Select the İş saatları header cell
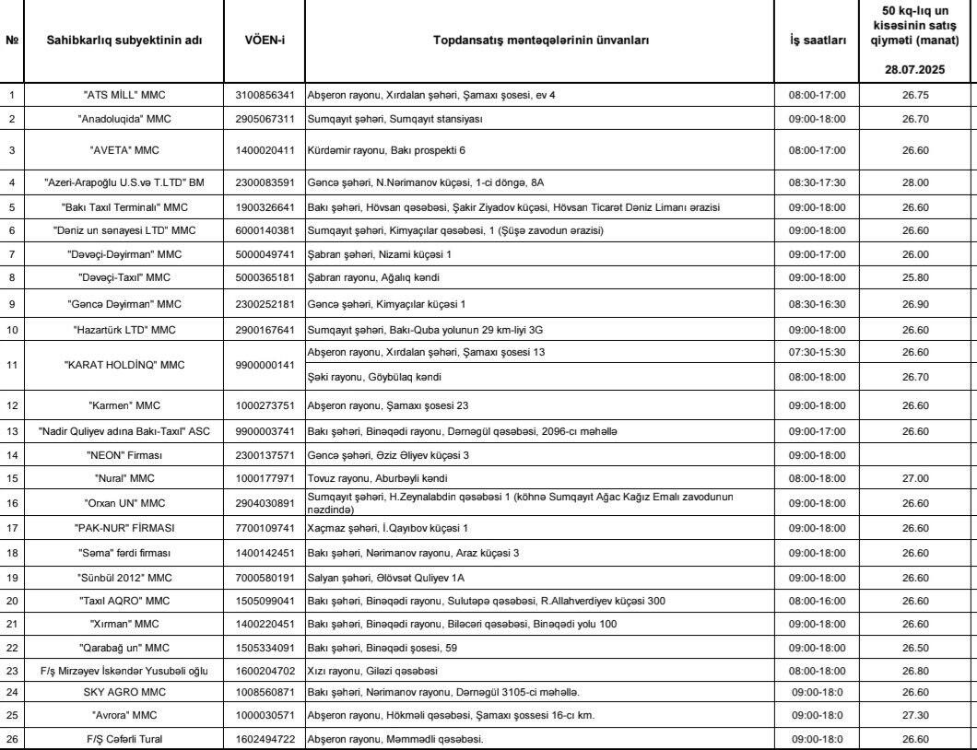tap(818, 41)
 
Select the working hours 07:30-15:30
tap(818, 352)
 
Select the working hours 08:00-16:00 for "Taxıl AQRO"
tap(818, 601)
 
